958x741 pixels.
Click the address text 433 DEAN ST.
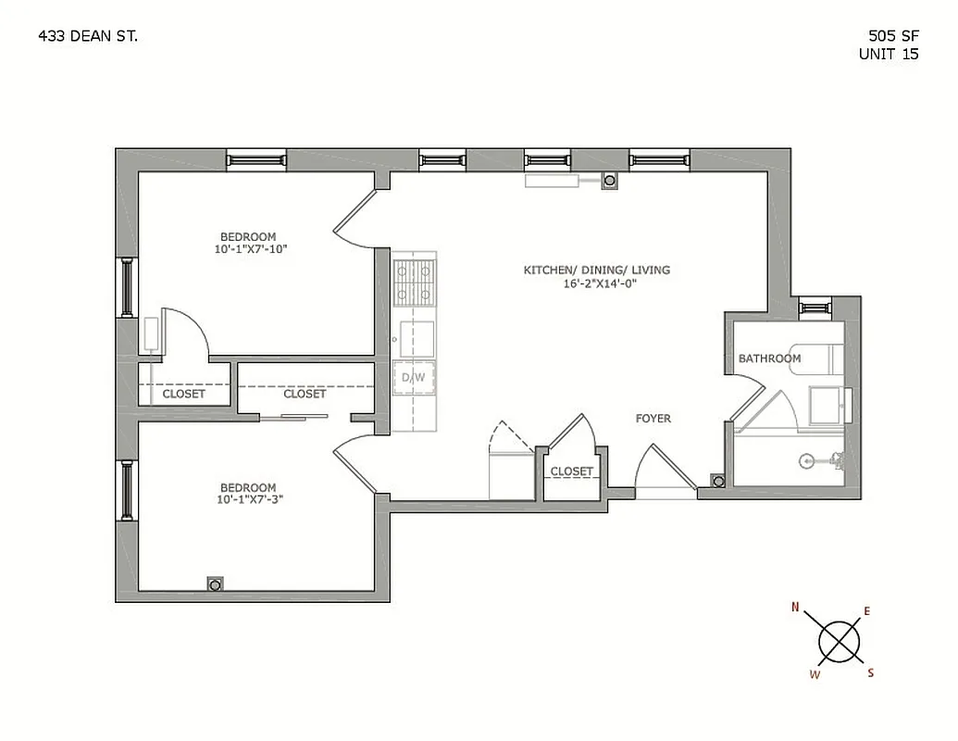[89, 36]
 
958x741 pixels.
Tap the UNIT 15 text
[889, 55]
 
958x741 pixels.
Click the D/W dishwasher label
[414, 377]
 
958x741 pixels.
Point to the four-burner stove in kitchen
[414, 283]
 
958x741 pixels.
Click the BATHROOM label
[769, 358]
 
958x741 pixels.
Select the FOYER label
[653, 419]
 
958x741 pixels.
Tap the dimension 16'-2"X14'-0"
[596, 284]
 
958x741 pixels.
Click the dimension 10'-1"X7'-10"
[247, 249]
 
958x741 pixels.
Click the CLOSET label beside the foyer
[571, 471]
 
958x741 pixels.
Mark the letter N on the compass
[795, 608]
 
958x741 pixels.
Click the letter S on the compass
[870, 673]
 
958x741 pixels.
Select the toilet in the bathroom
[828, 458]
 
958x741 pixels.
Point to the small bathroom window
[815, 307]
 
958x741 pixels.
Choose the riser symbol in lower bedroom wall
[215, 584]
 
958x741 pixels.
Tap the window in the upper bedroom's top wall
[256, 160]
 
